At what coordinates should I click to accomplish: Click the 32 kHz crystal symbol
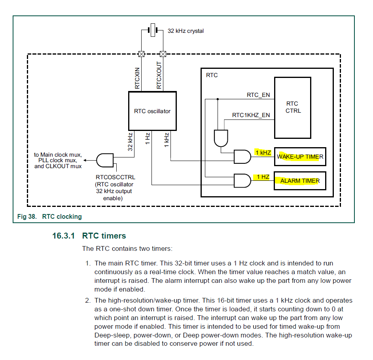(x=152, y=30)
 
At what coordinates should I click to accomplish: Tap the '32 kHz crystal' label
(x=186, y=31)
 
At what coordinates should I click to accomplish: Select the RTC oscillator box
(x=152, y=111)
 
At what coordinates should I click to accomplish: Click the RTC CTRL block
(x=293, y=108)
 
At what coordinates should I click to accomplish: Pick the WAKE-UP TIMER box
(x=300, y=157)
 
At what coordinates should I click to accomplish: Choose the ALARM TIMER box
(x=300, y=181)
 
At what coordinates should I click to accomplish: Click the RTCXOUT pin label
(x=159, y=75)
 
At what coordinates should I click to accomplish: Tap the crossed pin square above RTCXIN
(x=141, y=54)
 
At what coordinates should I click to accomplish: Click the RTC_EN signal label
(x=258, y=95)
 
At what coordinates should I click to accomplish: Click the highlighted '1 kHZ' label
(x=263, y=153)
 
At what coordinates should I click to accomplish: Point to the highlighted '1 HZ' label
(x=263, y=177)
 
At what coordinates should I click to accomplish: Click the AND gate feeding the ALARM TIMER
(x=242, y=181)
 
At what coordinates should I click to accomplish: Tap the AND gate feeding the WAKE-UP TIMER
(x=242, y=157)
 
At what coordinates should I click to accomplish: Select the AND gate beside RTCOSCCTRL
(x=104, y=160)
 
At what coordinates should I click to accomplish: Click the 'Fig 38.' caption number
(x=27, y=216)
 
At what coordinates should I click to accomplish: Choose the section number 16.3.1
(x=64, y=236)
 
